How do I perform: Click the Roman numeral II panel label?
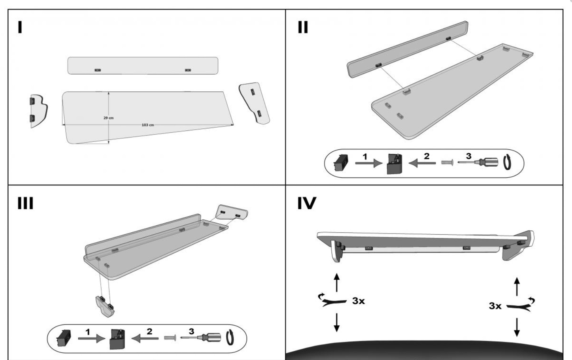[303, 27]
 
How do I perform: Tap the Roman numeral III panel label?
[25, 203]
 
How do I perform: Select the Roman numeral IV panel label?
[307, 203]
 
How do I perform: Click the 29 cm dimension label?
[108, 118]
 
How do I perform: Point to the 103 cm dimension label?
[148, 125]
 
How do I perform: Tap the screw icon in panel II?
[446, 162]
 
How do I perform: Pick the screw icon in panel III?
[170, 338]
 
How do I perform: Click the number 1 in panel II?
[365, 156]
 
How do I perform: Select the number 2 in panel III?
[149, 332]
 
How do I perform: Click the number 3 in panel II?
[468, 156]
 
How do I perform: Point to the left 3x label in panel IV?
[358, 301]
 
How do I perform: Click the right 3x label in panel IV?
[495, 305]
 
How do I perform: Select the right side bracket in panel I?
[255, 103]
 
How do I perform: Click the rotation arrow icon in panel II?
[508, 162]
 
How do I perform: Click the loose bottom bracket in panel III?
[105, 305]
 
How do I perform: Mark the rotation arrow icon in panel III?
[230, 338]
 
